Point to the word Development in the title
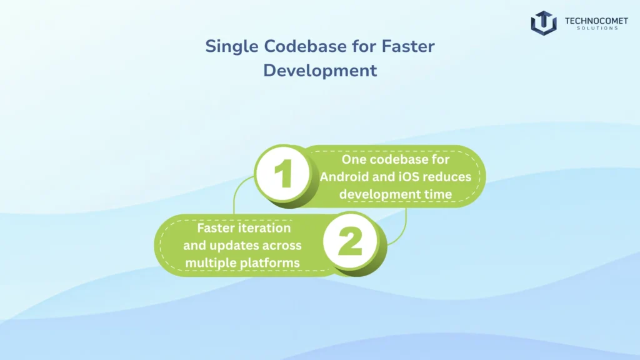coord(320,70)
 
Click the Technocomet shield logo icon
coord(544,22)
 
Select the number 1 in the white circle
coord(284,175)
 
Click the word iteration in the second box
coord(264,228)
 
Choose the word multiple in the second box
coord(211,263)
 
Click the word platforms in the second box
coord(269,263)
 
